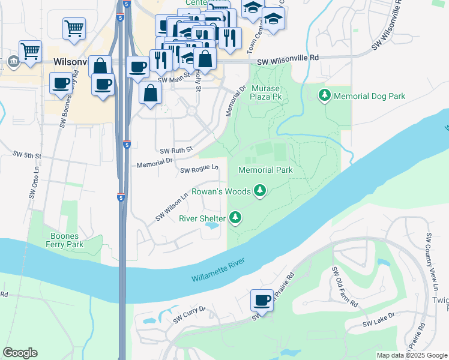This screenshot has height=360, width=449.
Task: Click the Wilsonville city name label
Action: [71, 62]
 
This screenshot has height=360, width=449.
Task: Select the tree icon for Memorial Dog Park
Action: [325, 95]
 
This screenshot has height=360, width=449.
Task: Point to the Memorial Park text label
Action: [265, 170]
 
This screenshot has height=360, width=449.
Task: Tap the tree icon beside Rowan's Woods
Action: [259, 191]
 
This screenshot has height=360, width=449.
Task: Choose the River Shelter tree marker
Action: [237, 218]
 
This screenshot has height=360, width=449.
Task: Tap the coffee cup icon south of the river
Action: [262, 301]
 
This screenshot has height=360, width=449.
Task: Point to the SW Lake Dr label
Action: [378, 320]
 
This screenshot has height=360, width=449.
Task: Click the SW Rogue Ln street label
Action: [199, 170]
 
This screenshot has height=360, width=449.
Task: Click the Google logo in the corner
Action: [20, 353]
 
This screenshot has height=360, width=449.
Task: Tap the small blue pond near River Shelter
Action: [211, 227]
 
